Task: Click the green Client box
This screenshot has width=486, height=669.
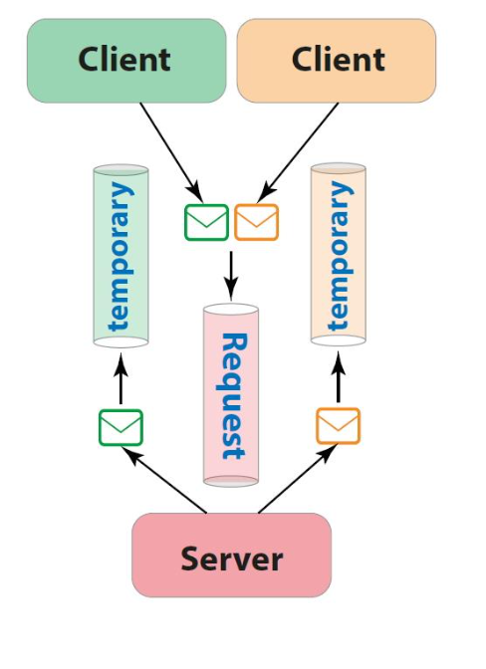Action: tap(125, 60)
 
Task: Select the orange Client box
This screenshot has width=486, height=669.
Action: tap(336, 60)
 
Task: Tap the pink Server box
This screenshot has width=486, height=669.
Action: tap(231, 556)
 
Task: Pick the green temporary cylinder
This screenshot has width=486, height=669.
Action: tap(121, 257)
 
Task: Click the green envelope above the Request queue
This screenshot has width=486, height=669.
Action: tap(206, 222)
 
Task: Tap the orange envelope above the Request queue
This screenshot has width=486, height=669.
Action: tap(256, 222)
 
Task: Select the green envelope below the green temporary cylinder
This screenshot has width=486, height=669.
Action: tap(121, 427)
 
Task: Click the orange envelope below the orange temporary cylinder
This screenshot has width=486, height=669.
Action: tap(338, 425)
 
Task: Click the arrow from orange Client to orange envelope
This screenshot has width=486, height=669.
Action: tap(302, 149)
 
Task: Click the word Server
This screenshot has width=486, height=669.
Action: tap(231, 557)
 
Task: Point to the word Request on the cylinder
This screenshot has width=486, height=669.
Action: tap(231, 396)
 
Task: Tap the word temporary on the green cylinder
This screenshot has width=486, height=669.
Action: tap(120, 256)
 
